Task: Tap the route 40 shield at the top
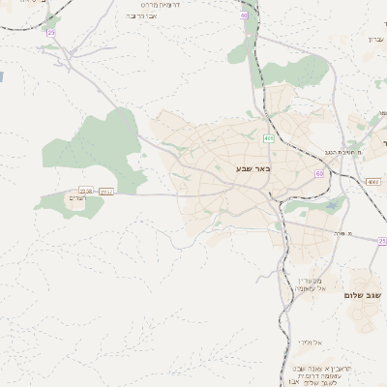245,15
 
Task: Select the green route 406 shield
268,139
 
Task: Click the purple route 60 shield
319,173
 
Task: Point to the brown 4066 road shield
373,182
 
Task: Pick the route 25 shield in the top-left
51,33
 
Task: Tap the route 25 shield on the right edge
381,241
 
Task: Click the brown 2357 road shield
106,192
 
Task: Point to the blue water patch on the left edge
2,74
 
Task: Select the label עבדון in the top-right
376,39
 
